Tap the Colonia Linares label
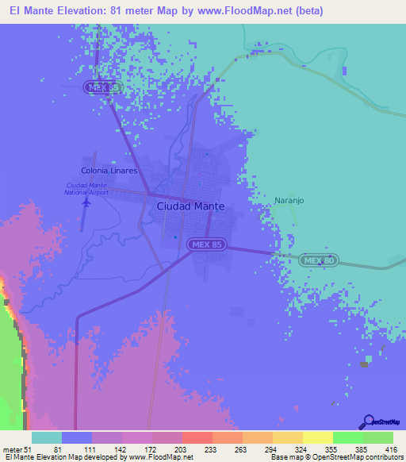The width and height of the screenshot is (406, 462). point(109,171)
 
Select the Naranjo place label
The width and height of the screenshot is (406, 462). point(289,201)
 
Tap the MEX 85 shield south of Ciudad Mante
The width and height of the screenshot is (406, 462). point(205,245)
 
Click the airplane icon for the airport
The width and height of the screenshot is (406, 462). point(86,202)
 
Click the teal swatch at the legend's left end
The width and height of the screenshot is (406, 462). point(46,437)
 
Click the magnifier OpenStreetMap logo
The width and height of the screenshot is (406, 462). point(367,422)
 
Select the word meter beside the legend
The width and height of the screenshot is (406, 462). point(13,449)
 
